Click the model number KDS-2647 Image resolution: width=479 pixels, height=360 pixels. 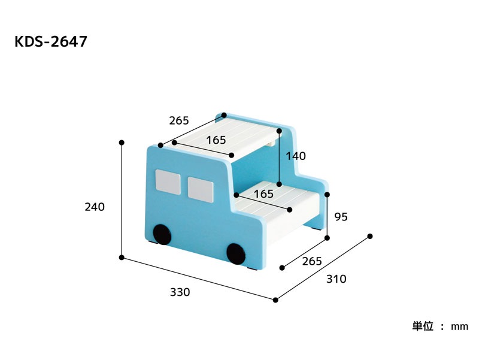[x=51, y=41]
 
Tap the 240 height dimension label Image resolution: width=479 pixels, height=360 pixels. [x=95, y=207]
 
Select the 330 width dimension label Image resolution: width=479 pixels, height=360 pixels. [x=180, y=292]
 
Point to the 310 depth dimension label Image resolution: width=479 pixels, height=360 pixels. [x=336, y=279]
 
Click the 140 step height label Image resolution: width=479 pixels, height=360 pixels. [x=296, y=156]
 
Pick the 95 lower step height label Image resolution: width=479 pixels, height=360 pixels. [x=341, y=217]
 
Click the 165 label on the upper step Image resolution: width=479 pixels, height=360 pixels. [x=216, y=140]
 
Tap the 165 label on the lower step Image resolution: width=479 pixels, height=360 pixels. [x=263, y=193]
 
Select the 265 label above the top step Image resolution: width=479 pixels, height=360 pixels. [x=179, y=121]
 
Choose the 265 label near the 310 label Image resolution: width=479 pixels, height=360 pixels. [x=312, y=261]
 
